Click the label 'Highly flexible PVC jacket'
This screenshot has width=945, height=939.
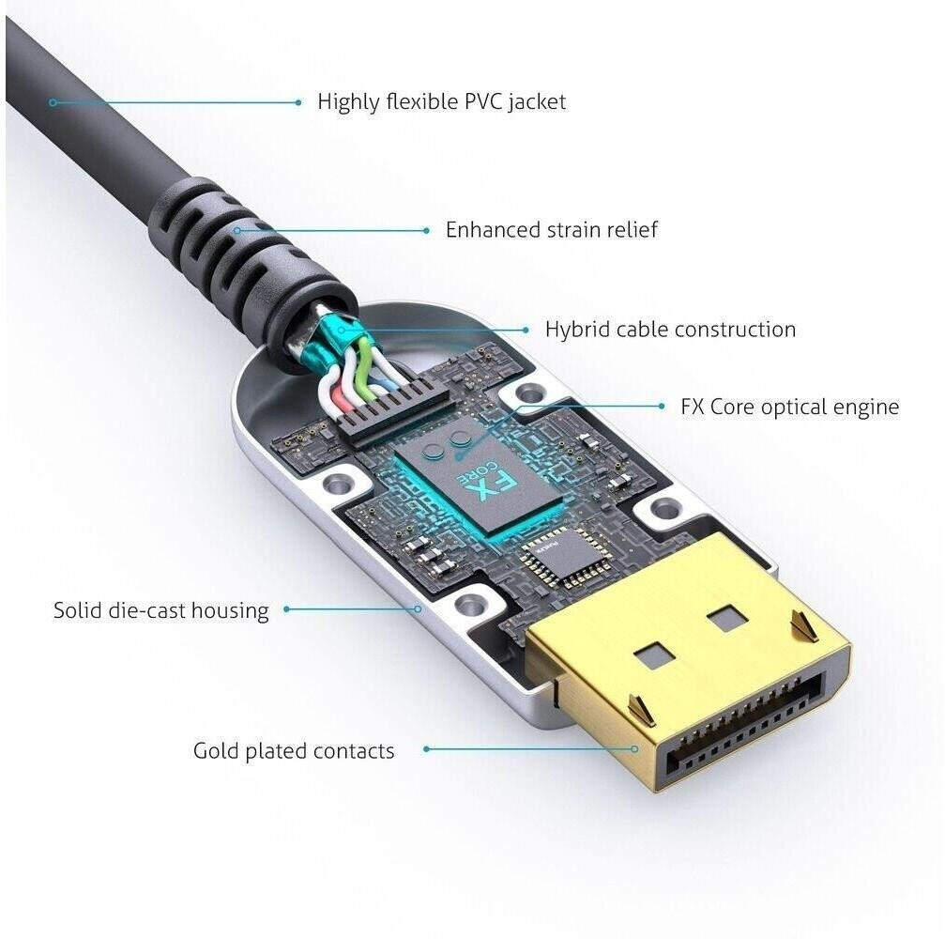coord(442,102)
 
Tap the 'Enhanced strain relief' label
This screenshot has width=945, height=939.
coord(552,230)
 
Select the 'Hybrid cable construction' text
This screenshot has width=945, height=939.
coord(670,330)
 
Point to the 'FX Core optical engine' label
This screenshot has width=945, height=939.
coord(789,408)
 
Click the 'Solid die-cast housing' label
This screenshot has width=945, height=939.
coord(160,610)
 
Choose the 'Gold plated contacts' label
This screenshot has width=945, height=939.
coord(294,751)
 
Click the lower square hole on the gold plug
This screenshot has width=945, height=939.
coord(656,654)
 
